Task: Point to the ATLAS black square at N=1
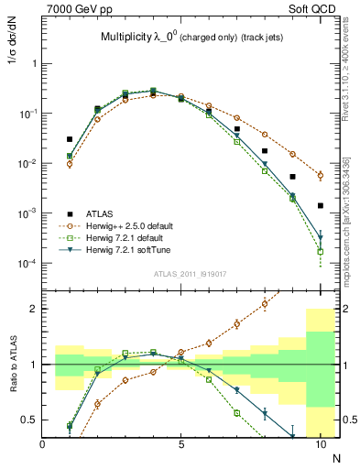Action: coord(70,139)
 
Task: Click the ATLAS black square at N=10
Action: coord(321,206)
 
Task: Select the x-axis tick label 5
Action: coord(181,444)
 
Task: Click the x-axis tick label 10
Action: coord(321,444)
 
